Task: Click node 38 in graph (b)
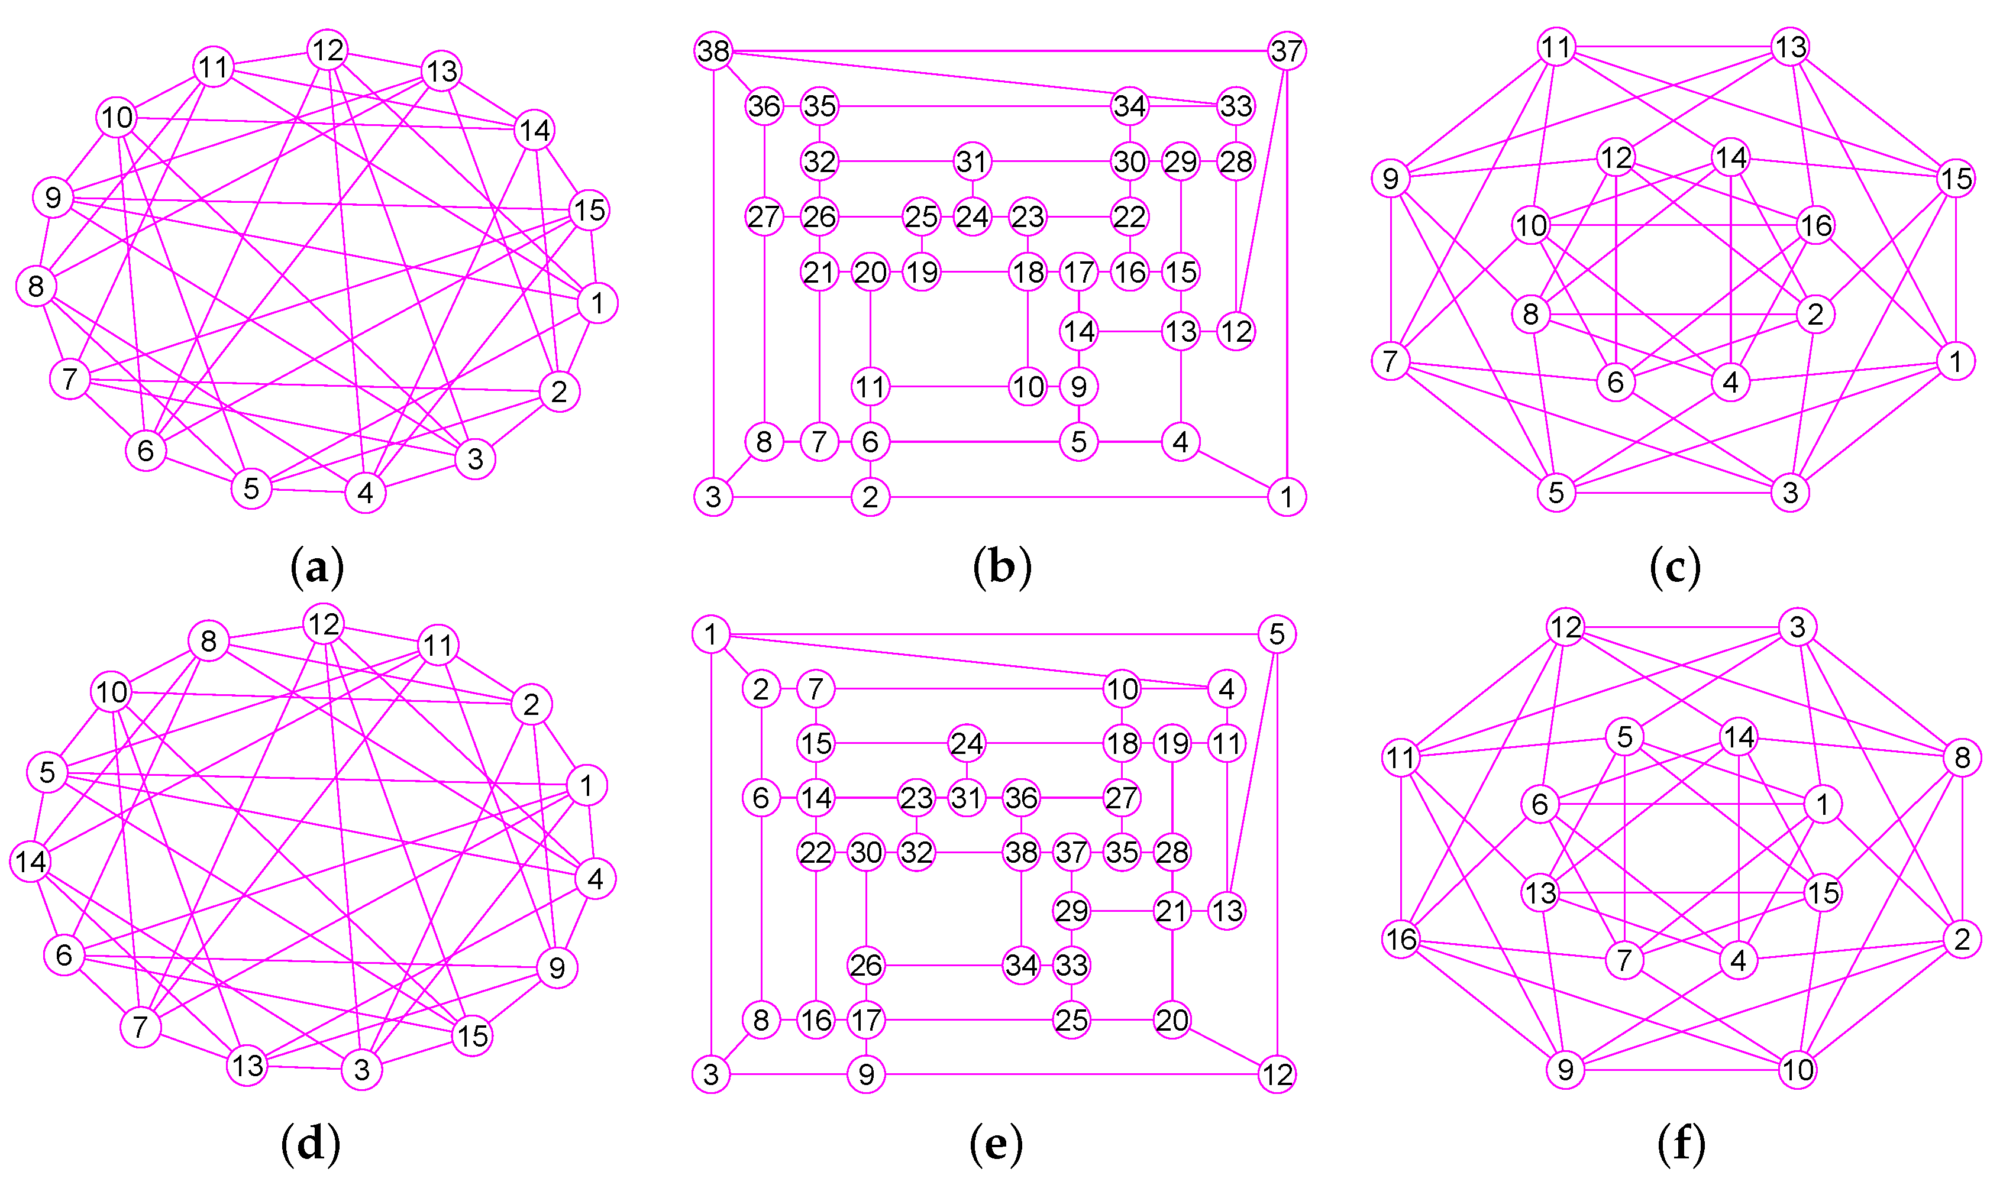click(713, 51)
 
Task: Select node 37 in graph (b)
click(1286, 51)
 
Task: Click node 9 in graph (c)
click(1390, 178)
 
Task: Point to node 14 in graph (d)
click(30, 862)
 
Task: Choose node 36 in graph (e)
click(1020, 798)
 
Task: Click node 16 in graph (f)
click(1401, 939)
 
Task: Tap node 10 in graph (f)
click(1798, 1069)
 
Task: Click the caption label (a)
click(317, 568)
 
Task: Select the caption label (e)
click(995, 1144)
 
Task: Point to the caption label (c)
click(1675, 568)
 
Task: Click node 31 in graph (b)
click(972, 161)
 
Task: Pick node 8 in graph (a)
click(36, 286)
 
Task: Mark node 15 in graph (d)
click(472, 1035)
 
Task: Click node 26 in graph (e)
click(865, 966)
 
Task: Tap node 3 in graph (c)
click(1790, 493)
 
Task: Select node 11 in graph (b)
click(870, 387)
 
